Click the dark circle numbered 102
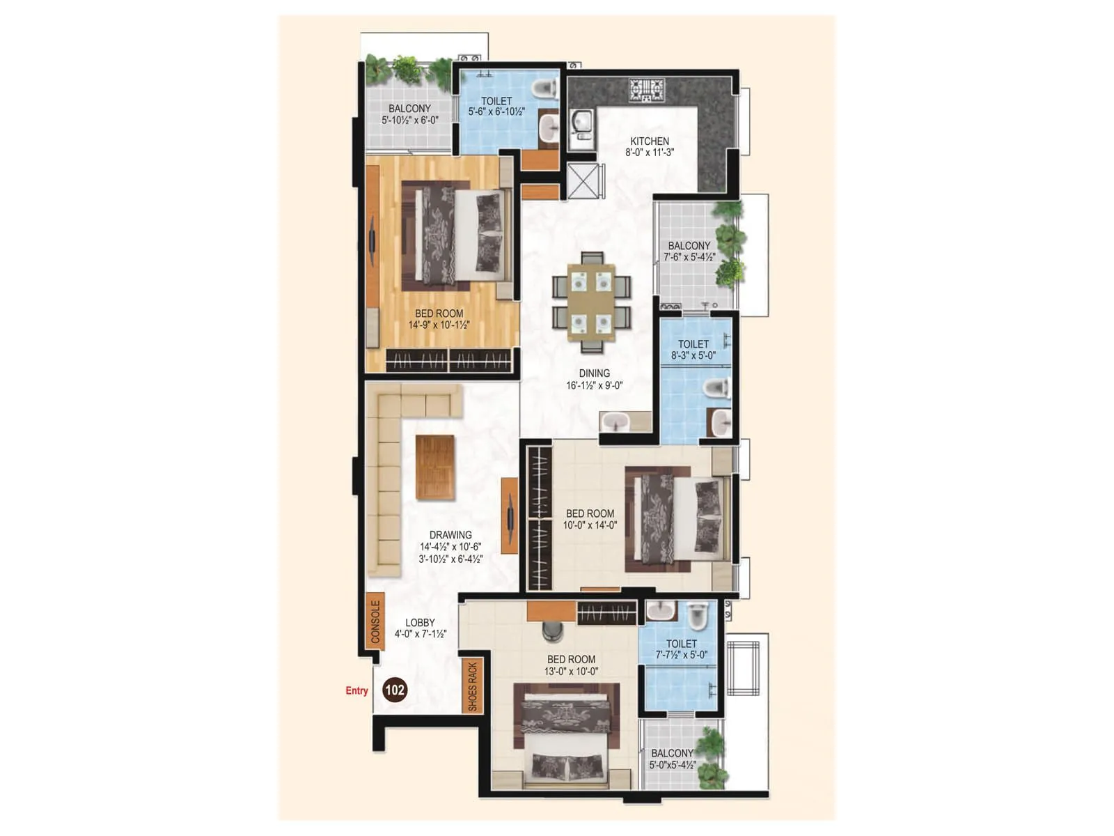coord(395,690)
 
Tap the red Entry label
coord(356,690)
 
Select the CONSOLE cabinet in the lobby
coord(375,621)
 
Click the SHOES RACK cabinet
coord(472,686)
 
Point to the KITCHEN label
coord(650,141)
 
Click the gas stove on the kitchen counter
coord(647,90)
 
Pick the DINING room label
coord(594,373)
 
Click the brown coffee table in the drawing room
coord(435,467)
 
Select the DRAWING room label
coord(450,535)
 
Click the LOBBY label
coord(420,623)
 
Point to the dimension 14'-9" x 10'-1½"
coord(439,325)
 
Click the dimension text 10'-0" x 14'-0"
coord(590,525)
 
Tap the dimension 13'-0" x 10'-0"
coord(571,672)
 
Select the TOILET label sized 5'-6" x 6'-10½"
coord(496,101)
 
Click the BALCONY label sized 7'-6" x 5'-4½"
coord(689,246)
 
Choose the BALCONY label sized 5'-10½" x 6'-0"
coord(409,109)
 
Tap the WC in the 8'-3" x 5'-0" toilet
coord(716,388)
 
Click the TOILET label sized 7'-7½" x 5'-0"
coord(681,644)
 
